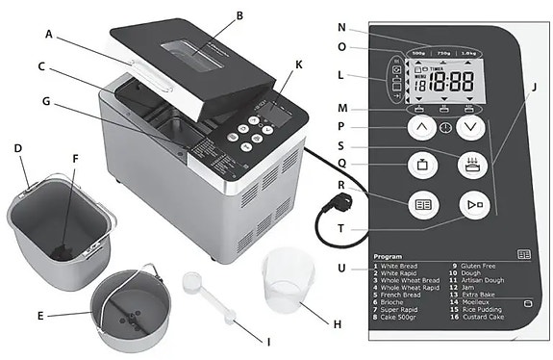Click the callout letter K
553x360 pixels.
tap(299, 64)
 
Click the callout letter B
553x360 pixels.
tap(239, 15)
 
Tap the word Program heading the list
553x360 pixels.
tap(388, 258)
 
